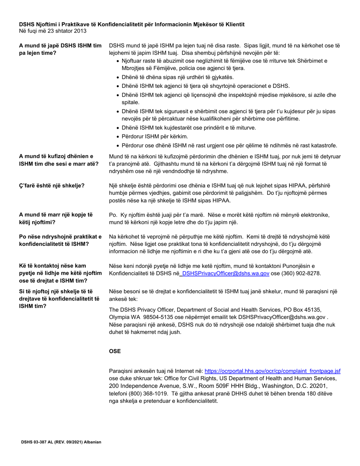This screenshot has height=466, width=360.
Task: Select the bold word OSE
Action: pyautogui.click(x=115, y=351)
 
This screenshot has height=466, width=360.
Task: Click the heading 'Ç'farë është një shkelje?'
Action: pyautogui.click(x=52, y=186)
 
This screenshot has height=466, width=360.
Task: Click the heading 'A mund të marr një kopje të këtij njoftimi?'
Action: pyautogui.click(x=56, y=218)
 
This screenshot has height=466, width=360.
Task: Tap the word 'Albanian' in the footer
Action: pyautogui.click(x=92, y=442)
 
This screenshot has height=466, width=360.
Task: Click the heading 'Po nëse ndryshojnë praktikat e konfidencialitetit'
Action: pyautogui.click(x=61, y=240)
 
